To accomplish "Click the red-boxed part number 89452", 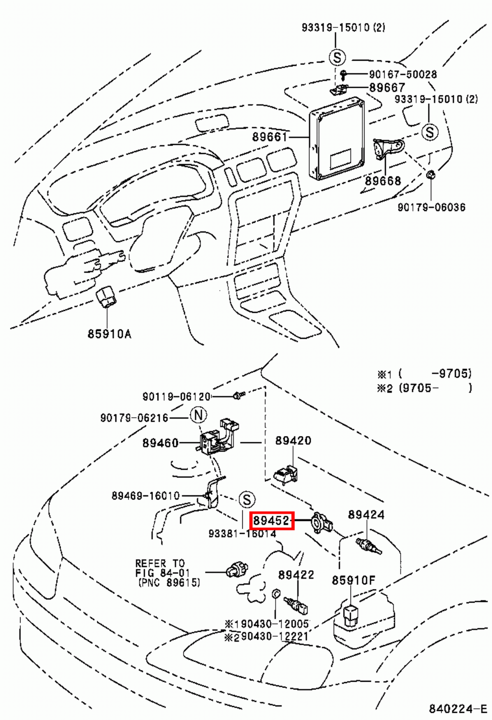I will coord(271,521).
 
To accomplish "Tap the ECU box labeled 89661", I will coord(336,139).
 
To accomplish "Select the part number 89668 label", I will coord(383,181).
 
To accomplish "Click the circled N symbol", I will coord(198,415).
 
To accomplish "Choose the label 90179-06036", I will coord(431,207).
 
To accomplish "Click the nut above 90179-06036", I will coord(430,174).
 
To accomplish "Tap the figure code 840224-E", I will coord(457,709).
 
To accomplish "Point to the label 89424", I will coord(366,514).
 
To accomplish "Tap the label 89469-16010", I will coord(145,495).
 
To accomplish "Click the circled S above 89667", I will coord(337,58).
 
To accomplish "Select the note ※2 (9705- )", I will coord(424,388).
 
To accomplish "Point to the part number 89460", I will coord(161,443).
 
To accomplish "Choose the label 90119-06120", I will coord(176,396).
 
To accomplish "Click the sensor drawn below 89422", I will coord(297,605).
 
